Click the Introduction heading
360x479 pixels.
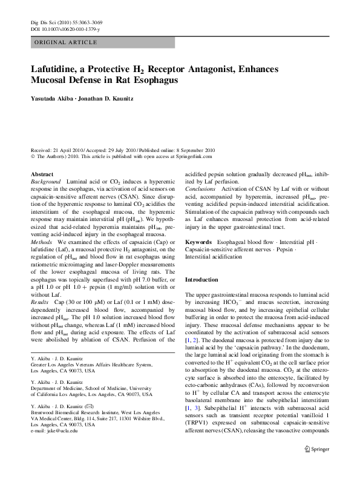201,280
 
